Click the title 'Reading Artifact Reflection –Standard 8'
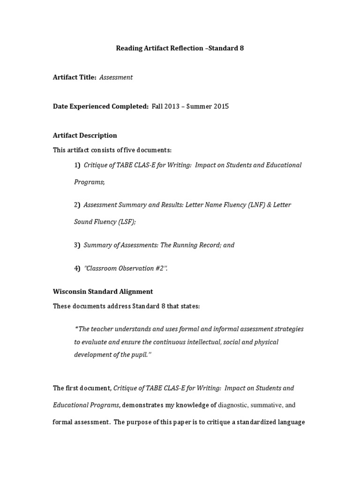tap(180, 48)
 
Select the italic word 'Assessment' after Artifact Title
tap(116, 77)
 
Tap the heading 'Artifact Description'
tap(85, 135)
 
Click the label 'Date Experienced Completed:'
tap(100, 106)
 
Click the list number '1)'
tap(77, 165)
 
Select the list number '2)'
tap(77, 205)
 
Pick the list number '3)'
tap(77, 245)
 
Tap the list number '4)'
tap(77, 268)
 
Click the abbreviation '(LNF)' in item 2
tap(248, 205)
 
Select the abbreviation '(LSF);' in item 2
tap(126, 222)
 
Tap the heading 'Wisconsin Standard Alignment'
tap(103, 292)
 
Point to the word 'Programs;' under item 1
tap(89, 182)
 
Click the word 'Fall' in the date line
tap(158, 106)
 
